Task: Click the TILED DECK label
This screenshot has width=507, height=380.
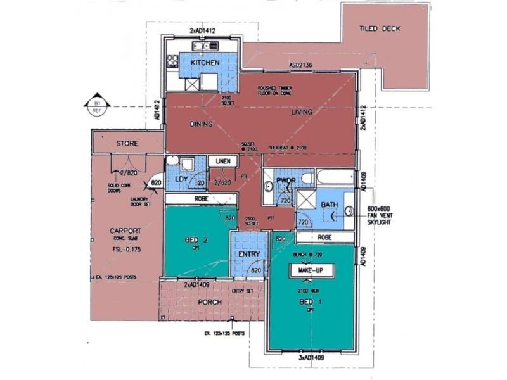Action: tap(380, 28)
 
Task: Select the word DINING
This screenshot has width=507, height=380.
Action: tap(200, 124)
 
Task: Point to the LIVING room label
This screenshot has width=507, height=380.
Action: tap(302, 112)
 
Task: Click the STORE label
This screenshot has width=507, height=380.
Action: tap(127, 144)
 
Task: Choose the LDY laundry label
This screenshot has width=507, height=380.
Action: tap(181, 179)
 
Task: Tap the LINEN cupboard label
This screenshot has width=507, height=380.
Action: tap(222, 161)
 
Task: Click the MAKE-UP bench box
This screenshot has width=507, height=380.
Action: tap(312, 270)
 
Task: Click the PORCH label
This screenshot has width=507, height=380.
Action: tap(209, 302)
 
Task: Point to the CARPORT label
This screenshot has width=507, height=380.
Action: tap(120, 231)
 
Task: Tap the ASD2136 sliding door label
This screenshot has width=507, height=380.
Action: tap(302, 65)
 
